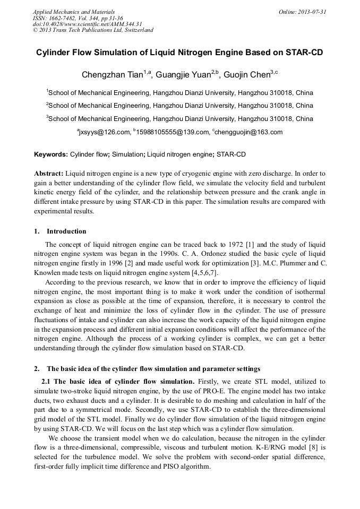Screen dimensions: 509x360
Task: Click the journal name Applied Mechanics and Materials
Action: pyautogui.click(x=74, y=11)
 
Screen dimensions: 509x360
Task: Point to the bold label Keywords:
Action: pyautogui.click(x=51, y=154)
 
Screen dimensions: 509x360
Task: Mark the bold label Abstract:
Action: pyautogui.click(x=49, y=174)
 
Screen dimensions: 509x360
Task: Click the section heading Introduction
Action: pyautogui.click(x=66, y=231)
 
